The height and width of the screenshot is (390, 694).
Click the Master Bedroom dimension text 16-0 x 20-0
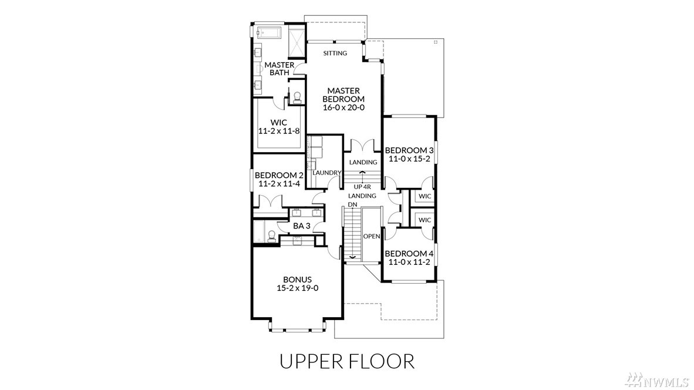pyautogui.click(x=343, y=107)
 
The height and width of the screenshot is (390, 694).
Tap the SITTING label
pyautogui.click(x=335, y=53)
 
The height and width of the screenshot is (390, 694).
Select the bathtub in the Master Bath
pyautogui.click(x=269, y=32)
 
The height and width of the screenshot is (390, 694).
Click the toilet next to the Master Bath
pyautogui.click(x=297, y=97)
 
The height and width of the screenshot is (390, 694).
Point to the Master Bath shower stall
pyautogui.click(x=297, y=42)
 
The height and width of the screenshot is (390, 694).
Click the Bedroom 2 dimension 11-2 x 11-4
pyautogui.click(x=279, y=184)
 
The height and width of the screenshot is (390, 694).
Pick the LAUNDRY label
pyautogui.click(x=327, y=173)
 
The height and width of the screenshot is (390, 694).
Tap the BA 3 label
pyautogui.click(x=301, y=226)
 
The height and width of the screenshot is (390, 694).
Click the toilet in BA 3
pyautogui.click(x=271, y=236)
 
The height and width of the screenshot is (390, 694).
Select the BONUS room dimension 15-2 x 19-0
pyautogui.click(x=298, y=288)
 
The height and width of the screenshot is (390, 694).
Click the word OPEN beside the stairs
pyautogui.click(x=372, y=236)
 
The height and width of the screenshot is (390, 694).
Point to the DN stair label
pyautogui.click(x=352, y=204)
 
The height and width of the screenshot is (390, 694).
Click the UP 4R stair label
pyautogui.click(x=362, y=187)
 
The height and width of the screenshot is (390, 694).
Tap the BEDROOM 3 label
pyautogui.click(x=409, y=150)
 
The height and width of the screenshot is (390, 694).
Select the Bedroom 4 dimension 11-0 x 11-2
pyautogui.click(x=409, y=262)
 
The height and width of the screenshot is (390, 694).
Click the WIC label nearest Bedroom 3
pyautogui.click(x=425, y=196)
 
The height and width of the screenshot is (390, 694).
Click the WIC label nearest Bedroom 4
pyautogui.click(x=425, y=220)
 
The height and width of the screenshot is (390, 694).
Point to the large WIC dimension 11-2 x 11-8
pyautogui.click(x=279, y=131)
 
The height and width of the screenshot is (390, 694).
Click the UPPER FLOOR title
pyautogui.click(x=348, y=361)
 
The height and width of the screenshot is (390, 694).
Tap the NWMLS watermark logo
pyautogui.click(x=657, y=379)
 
